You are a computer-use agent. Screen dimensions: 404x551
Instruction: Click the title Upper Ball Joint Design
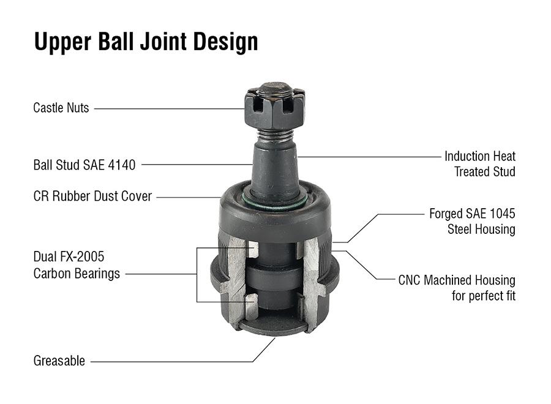[146, 42]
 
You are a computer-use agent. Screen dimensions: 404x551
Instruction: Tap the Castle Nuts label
[61, 108]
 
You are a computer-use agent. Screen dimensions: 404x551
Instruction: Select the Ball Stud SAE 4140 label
[84, 165]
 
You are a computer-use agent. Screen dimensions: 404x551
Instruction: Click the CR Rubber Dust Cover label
[92, 197]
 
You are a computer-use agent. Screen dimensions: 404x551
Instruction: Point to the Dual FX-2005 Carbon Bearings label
[77, 265]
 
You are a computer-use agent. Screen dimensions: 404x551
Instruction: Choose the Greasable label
[59, 361]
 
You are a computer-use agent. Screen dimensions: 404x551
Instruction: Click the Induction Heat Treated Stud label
[480, 164]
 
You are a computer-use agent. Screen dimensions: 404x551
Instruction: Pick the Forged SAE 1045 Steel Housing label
[472, 222]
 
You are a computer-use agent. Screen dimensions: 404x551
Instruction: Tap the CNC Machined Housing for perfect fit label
[457, 288]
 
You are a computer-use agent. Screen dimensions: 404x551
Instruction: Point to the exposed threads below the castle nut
[274, 135]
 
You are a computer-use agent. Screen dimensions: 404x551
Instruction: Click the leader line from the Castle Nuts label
[168, 109]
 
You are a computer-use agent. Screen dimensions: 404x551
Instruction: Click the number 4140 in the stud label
[122, 165]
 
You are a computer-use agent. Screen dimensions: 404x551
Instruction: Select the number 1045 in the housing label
[501, 214]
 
